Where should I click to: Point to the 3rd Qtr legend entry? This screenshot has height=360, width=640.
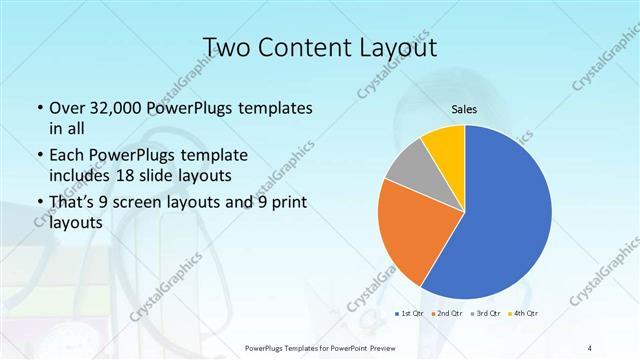click(487, 313)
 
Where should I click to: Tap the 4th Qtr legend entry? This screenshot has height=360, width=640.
click(525, 313)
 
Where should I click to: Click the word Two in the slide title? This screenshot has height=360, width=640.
click(225, 47)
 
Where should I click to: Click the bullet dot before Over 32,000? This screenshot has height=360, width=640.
click(39, 108)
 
